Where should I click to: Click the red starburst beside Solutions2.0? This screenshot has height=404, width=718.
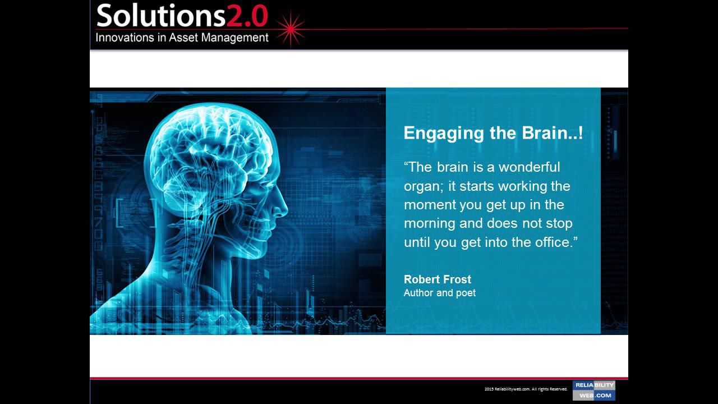click(x=290, y=29)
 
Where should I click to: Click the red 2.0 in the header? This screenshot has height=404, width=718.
click(x=247, y=16)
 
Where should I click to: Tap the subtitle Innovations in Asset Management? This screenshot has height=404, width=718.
click(x=182, y=38)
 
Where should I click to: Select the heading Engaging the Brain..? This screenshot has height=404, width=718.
click(x=493, y=133)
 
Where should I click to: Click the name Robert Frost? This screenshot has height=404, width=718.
click(x=437, y=279)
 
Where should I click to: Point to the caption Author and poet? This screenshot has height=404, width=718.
click(x=439, y=293)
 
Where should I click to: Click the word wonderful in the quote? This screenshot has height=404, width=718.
click(x=529, y=167)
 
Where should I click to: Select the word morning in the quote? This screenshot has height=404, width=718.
click(x=429, y=223)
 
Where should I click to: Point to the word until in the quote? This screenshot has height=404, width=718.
click(x=416, y=242)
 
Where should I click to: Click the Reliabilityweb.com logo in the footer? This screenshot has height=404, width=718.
click(x=593, y=390)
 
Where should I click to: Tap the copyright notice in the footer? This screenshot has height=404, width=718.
click(x=526, y=389)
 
